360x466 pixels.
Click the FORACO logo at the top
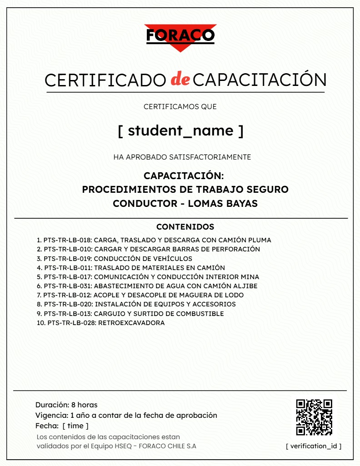[x=180, y=36]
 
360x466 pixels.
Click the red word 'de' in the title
[x=180, y=80]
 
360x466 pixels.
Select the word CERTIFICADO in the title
[x=105, y=80]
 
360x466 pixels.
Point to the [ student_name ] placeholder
[x=180, y=130]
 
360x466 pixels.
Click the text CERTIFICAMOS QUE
[x=180, y=107]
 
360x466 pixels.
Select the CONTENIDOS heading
[x=185, y=226]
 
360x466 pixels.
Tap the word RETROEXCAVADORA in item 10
[x=131, y=323]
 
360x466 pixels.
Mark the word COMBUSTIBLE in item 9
[x=200, y=314]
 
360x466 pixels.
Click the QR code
[x=314, y=417]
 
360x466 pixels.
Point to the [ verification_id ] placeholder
[x=314, y=446]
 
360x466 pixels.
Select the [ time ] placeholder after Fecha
[x=75, y=426]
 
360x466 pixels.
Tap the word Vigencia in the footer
[x=51, y=415]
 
